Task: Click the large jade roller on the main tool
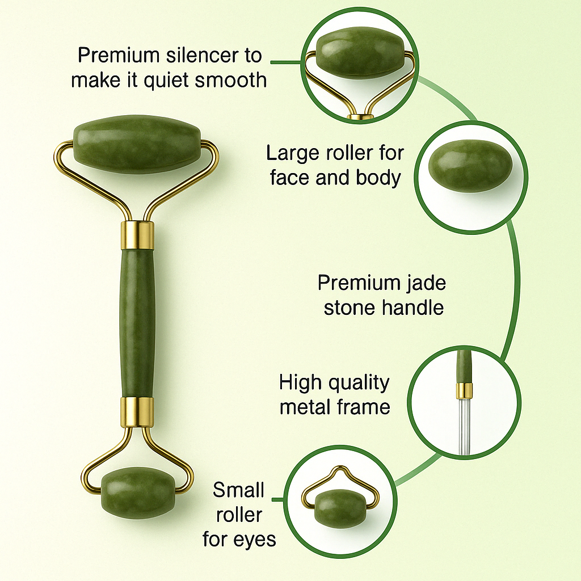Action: coord(137,144)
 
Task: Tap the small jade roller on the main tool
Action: coord(138,493)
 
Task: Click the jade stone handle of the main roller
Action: coord(137,323)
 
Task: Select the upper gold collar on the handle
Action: coord(137,235)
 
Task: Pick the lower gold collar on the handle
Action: coord(137,412)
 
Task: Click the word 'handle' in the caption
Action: coord(413,308)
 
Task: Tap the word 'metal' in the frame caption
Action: coord(305,407)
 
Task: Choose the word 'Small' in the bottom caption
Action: coord(239,490)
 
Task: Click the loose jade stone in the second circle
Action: coord(470,166)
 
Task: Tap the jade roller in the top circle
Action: coord(360,53)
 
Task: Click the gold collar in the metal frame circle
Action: coord(464,390)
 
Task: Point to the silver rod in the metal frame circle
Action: coord(464,426)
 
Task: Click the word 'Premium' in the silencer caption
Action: coord(119,56)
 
